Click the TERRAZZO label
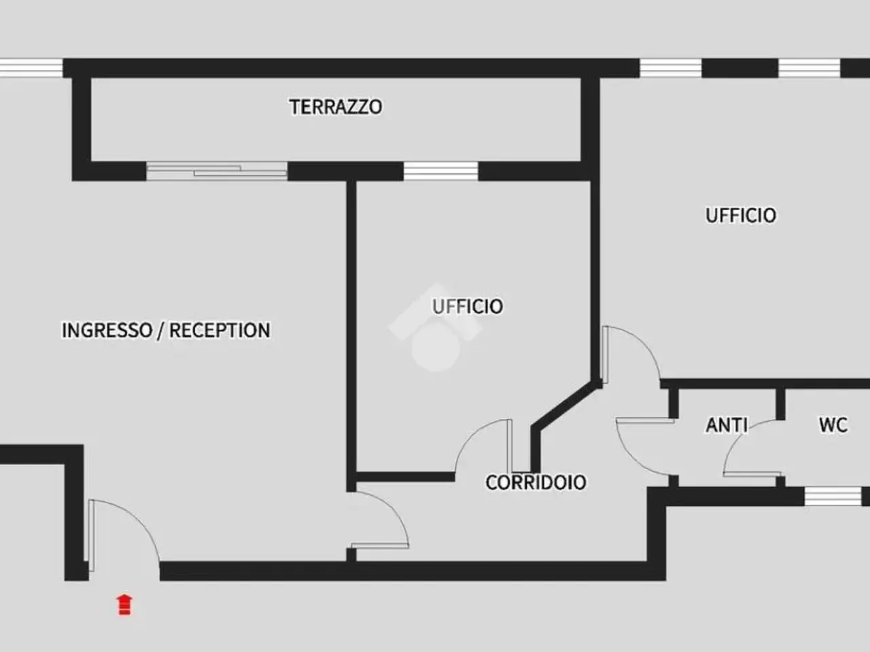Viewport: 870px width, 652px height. tap(336, 107)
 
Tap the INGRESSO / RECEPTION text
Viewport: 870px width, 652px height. tap(166, 330)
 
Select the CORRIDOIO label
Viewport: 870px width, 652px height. tap(536, 483)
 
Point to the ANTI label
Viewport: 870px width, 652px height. tap(727, 425)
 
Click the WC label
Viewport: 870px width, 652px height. tap(833, 424)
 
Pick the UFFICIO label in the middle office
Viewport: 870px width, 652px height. tap(468, 306)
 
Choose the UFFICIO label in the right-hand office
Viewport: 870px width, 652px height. tap(741, 216)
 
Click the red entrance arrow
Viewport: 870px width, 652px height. tap(124, 604)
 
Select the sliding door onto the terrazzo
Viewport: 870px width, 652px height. tap(217, 171)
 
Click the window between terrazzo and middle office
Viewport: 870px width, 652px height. tap(440, 171)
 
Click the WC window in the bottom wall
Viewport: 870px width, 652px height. tap(833, 496)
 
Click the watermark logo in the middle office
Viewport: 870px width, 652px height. tap(436, 329)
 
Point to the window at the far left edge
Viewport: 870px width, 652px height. tap(31, 68)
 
